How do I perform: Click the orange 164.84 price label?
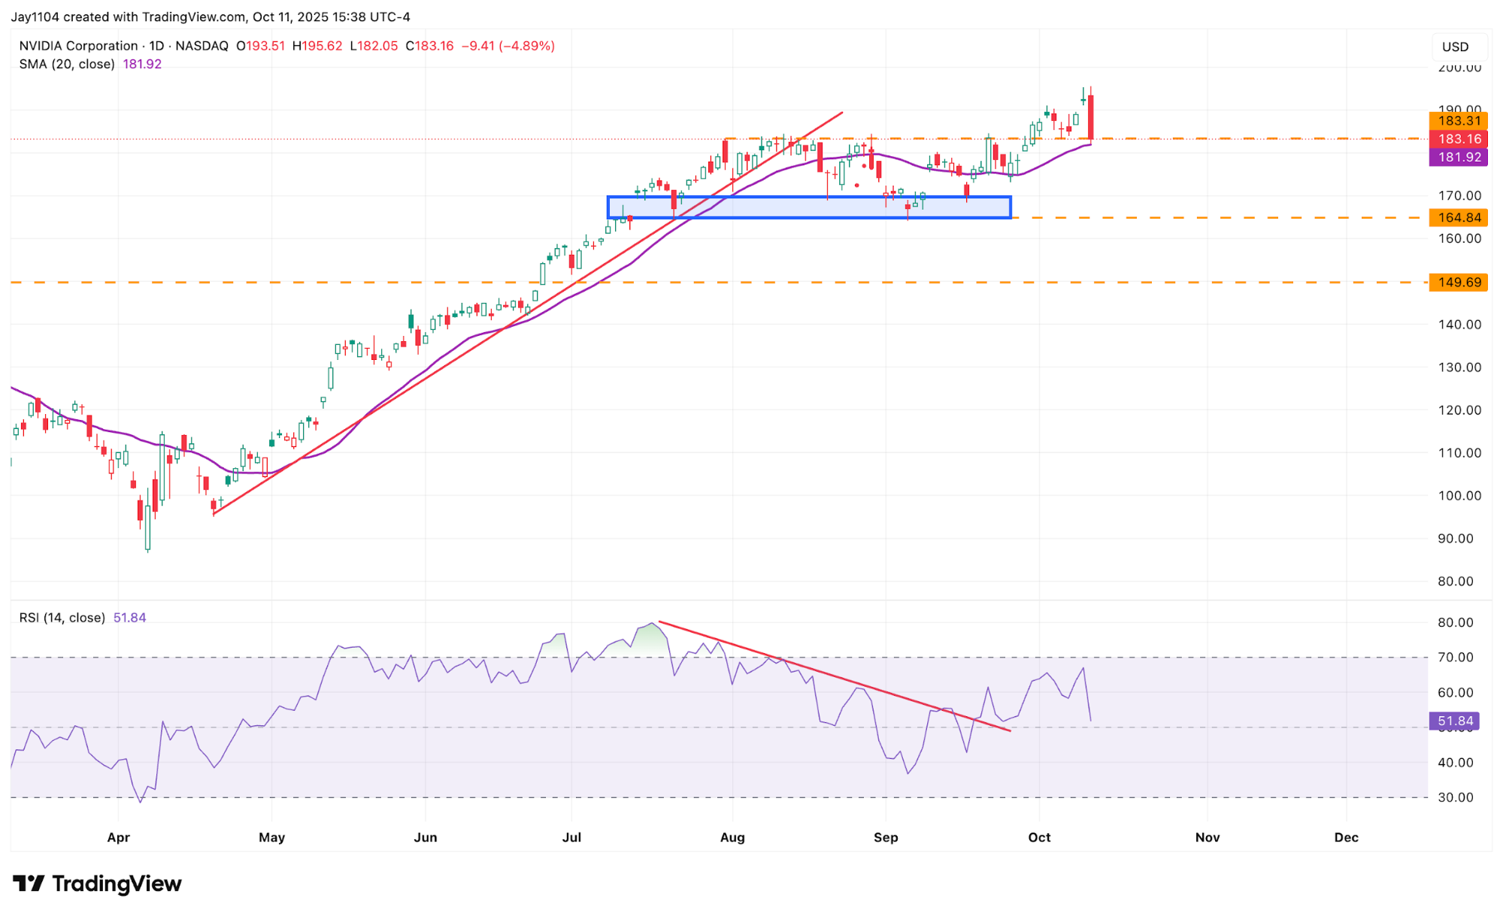pos(1458,218)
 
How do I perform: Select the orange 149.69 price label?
pos(1458,283)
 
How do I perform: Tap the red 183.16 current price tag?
pos(1458,139)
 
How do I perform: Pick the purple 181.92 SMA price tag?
pos(1458,157)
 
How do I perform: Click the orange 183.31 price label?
pos(1458,121)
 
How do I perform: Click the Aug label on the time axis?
pos(732,837)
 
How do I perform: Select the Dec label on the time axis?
pos(1346,837)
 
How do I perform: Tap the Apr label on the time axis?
pos(119,837)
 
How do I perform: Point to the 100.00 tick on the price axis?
pos(1459,496)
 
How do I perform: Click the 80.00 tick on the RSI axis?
pos(1456,622)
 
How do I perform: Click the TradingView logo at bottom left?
pos(98,884)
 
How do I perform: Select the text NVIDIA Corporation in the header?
pos(78,46)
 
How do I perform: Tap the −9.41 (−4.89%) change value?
pos(508,46)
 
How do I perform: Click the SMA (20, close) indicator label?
pos(67,64)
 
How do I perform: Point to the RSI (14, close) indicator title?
pos(62,618)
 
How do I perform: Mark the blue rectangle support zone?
pos(808,207)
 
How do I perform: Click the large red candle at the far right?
pos(1090,116)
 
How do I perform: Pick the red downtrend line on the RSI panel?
pos(835,676)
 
